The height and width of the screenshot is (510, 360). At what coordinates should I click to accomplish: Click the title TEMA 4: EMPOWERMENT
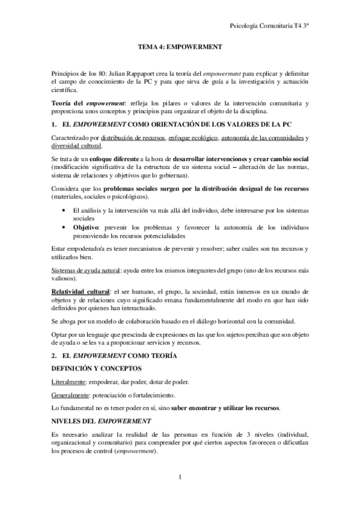pos(179,46)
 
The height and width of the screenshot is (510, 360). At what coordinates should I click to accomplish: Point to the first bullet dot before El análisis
pos(64,210)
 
